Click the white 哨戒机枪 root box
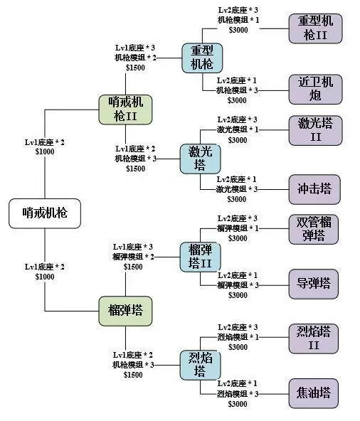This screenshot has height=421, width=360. coord(45,212)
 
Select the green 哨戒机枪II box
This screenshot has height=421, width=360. coord(125,110)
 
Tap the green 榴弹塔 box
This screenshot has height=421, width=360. coord(125,310)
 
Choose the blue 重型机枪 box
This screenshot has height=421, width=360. coord(202,58)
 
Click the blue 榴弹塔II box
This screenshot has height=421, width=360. coord(201,257)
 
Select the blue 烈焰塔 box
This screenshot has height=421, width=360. coord(201,363)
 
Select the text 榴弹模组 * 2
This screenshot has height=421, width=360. coord(132,256)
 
